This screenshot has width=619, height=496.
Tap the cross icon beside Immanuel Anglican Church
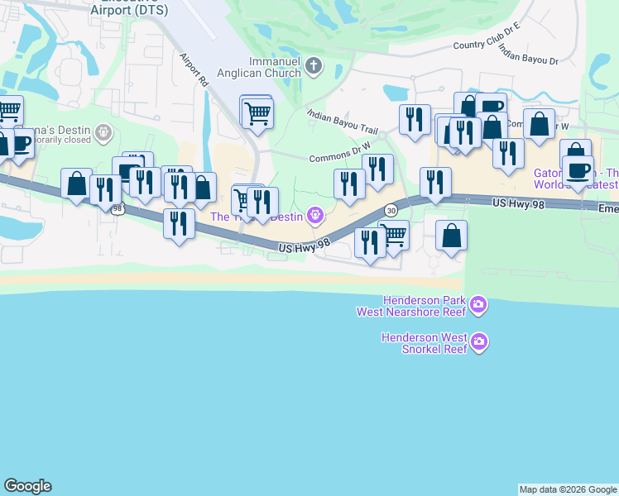pyautogui.click(x=314, y=65)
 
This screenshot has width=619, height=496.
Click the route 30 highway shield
pyautogui.click(x=391, y=210)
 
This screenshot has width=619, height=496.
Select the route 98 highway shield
pyautogui.click(x=118, y=209)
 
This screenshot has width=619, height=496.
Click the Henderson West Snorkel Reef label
pyautogui.click(x=424, y=342)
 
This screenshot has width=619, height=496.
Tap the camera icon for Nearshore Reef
pyautogui.click(x=478, y=307)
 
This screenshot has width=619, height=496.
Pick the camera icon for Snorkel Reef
pyautogui.click(x=478, y=341)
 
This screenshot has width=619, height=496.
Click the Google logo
pyautogui.click(x=27, y=486)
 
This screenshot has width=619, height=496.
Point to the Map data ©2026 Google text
pyautogui.click(x=567, y=489)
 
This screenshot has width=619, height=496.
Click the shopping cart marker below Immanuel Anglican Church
pyautogui.click(x=257, y=113)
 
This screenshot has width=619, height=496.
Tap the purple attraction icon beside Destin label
pyautogui.click(x=314, y=217)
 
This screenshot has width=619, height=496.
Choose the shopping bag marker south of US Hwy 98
pyautogui.click(x=452, y=236)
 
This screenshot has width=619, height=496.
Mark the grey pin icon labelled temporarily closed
pyautogui.click(x=103, y=131)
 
